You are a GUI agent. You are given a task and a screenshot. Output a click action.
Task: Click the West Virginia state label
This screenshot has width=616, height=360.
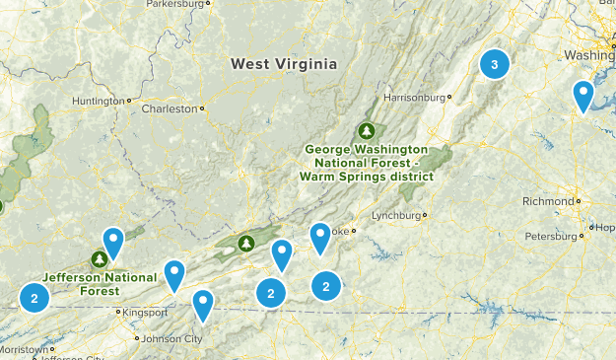[x=284, y=64]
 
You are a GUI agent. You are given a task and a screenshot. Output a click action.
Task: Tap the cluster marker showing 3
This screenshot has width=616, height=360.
[x=495, y=65]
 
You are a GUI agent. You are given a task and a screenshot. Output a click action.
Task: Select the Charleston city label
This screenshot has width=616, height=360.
[x=169, y=108]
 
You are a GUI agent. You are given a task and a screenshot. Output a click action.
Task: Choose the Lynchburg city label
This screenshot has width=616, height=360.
[x=396, y=215]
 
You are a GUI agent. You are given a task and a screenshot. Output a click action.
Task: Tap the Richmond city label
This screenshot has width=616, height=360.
[x=547, y=201]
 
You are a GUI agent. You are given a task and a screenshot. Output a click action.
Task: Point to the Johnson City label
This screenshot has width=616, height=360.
[x=171, y=339]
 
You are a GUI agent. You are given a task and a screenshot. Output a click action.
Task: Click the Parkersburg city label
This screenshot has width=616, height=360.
[x=178, y=4]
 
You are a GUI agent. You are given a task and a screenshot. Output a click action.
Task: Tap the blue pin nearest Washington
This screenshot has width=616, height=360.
[x=583, y=96]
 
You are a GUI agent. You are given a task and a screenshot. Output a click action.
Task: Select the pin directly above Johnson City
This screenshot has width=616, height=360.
[x=203, y=305]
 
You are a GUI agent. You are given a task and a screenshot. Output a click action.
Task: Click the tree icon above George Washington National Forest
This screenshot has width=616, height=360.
[x=367, y=130]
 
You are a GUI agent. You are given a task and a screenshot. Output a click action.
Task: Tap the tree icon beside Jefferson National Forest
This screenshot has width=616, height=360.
[x=99, y=258]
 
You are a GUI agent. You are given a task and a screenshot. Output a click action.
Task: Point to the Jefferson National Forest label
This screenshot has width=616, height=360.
[x=99, y=284]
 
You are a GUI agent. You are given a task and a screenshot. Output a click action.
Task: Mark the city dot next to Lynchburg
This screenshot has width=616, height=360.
[x=426, y=215]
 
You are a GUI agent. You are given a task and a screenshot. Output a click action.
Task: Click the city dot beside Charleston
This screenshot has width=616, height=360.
[x=202, y=108]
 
